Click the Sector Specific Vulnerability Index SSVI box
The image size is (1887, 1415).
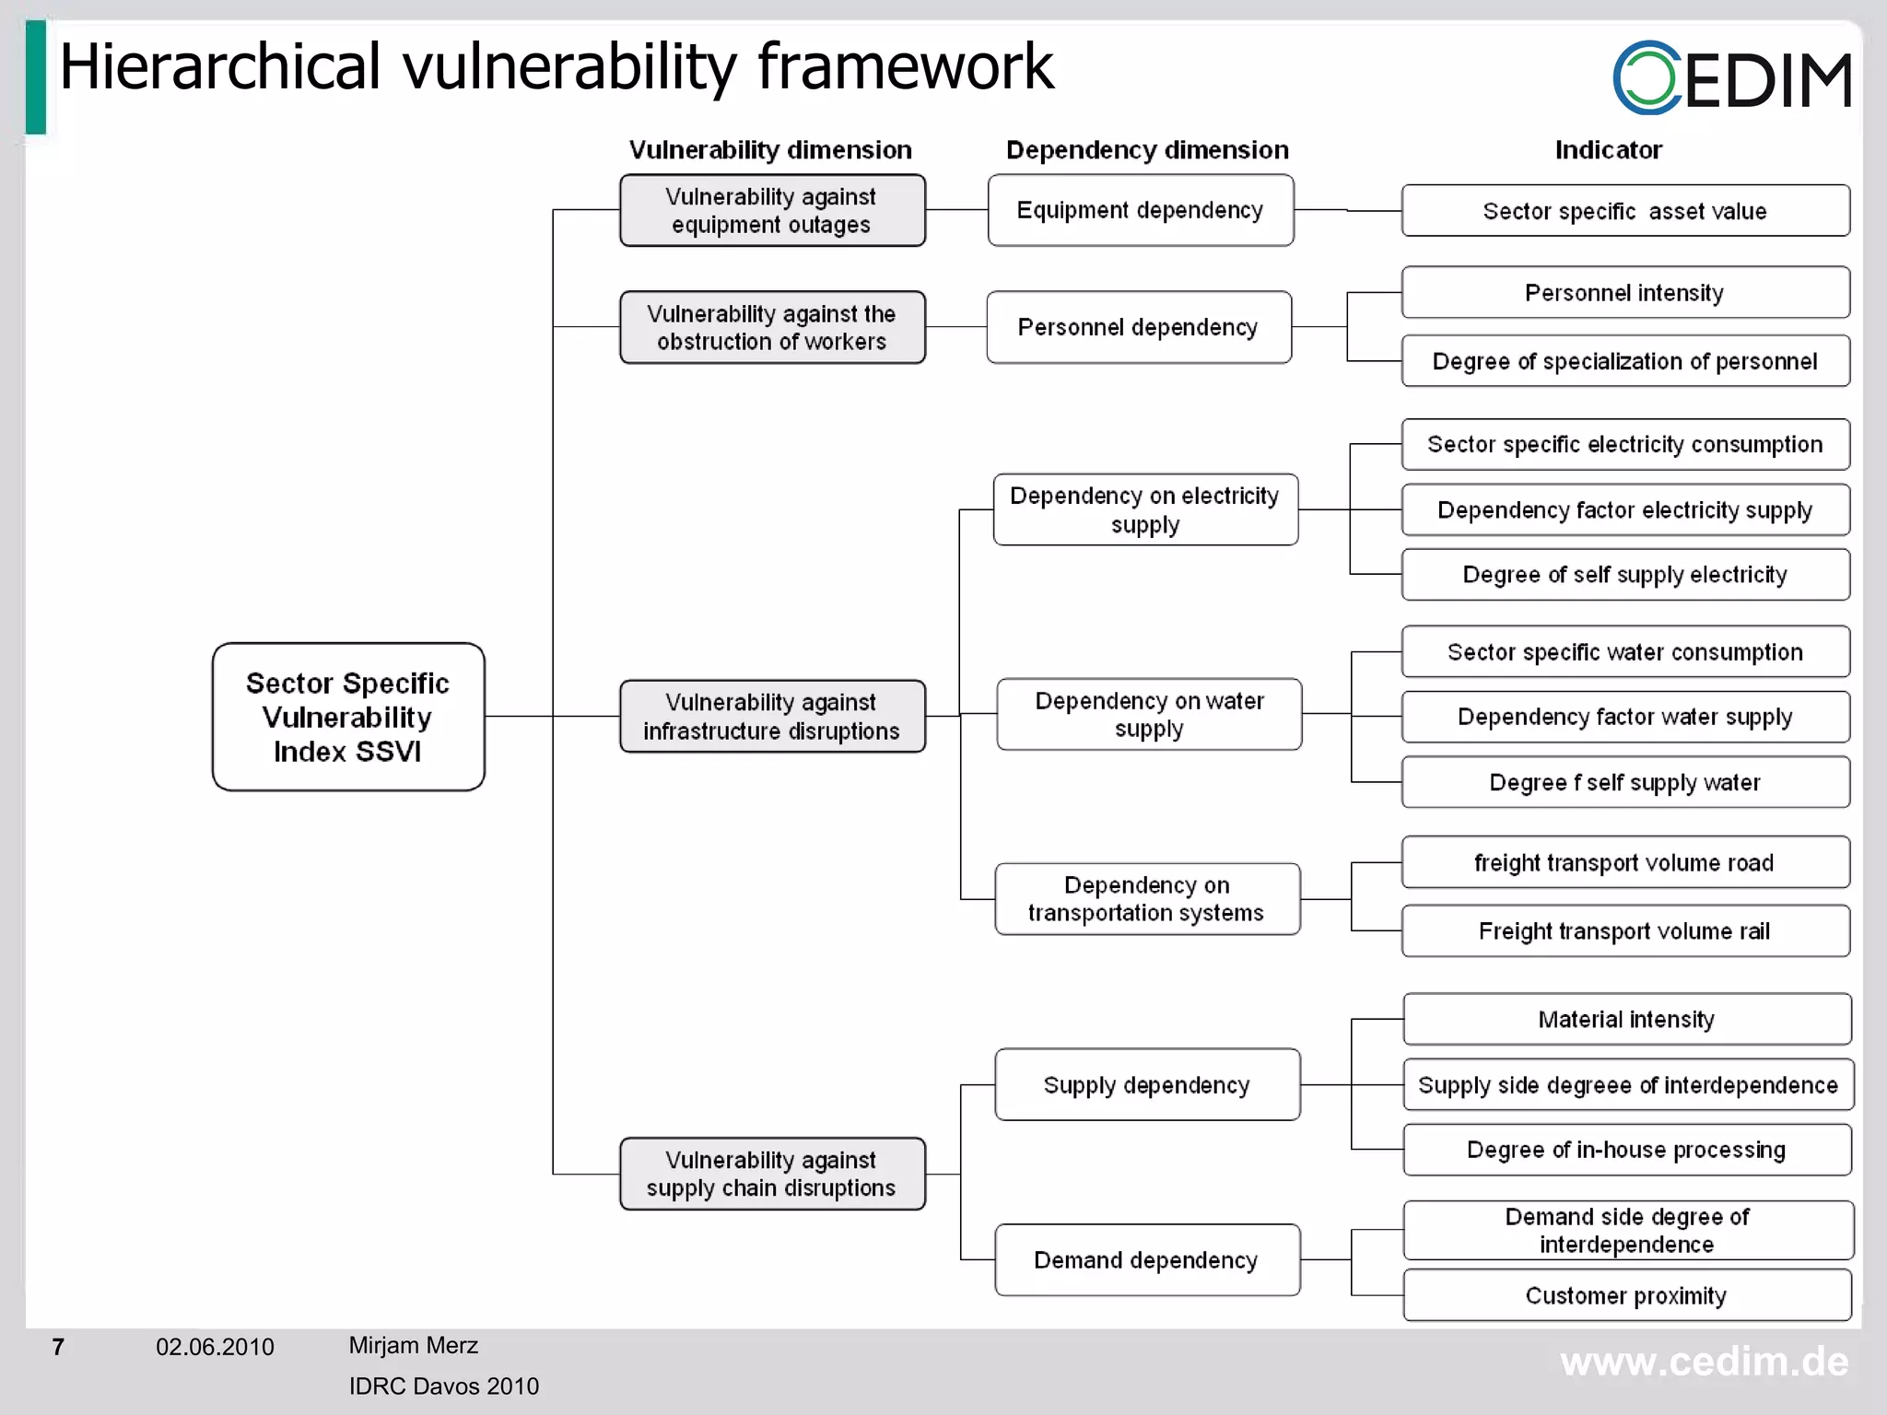pyautogui.click(x=348, y=717)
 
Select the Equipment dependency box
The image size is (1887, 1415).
pyautogui.click(x=1140, y=210)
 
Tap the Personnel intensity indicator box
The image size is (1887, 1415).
pyautogui.click(x=1624, y=293)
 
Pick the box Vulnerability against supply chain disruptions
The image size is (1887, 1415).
pyautogui.click(x=771, y=1174)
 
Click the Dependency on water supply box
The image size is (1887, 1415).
pyautogui.click(x=1149, y=714)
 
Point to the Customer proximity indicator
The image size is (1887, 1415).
pyautogui.click(x=1626, y=1295)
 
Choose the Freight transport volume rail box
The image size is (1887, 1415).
pyautogui.click(x=1624, y=930)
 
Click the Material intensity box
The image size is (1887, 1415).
pyautogui.click(x=1626, y=1019)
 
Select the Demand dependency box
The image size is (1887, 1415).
pyautogui.click(x=1146, y=1259)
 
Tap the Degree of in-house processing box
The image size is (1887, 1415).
pyautogui.click(x=1626, y=1150)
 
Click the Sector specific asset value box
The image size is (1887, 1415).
pyautogui.click(x=1624, y=211)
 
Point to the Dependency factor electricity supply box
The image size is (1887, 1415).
pyautogui.click(x=1624, y=509)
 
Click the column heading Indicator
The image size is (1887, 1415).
pyautogui.click(x=1608, y=150)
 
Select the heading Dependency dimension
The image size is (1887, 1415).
pyautogui.click(x=1147, y=150)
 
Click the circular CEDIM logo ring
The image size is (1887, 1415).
pyautogui.click(x=1647, y=77)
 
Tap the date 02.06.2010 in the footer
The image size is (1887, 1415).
pyautogui.click(x=215, y=1347)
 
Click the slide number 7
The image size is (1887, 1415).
pyautogui.click(x=58, y=1347)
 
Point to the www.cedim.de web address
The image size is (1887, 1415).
pyautogui.click(x=1704, y=1362)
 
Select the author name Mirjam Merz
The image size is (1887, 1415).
pyautogui.click(x=413, y=1345)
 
